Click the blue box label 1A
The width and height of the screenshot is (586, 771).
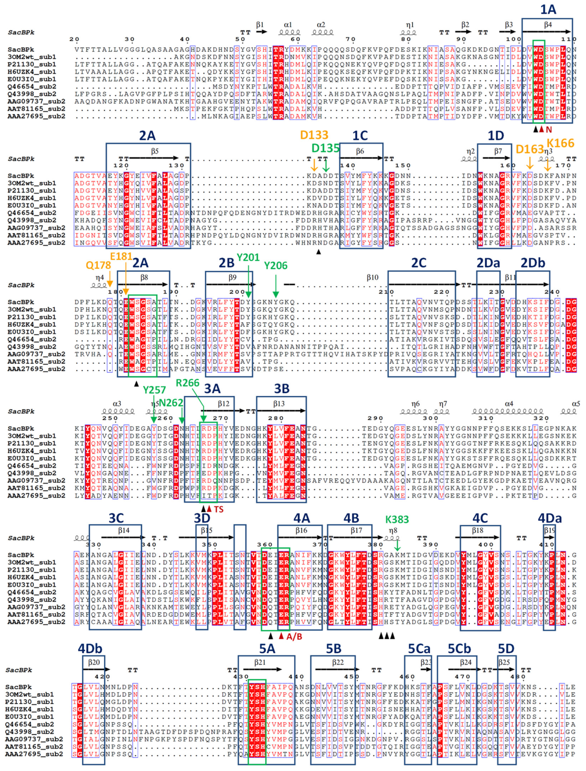coord(548,10)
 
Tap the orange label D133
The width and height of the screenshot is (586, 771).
coord(314,135)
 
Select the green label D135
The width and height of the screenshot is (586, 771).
coord(325,148)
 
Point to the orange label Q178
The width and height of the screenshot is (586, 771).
coord(98,265)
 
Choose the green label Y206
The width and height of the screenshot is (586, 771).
coord(275,265)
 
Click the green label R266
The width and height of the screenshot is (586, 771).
coord(187,383)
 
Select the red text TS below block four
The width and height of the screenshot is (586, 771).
coord(219,510)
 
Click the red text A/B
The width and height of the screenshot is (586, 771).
coord(294,637)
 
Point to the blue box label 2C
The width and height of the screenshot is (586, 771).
coord(418,263)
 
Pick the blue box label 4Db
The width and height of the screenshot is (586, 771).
coord(90,648)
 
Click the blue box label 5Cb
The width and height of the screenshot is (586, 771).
coord(459,648)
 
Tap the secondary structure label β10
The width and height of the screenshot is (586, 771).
coord(372,277)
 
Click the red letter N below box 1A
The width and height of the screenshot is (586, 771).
coord(549,129)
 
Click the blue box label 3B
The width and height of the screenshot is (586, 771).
coord(282,389)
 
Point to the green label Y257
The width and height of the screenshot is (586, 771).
coord(154,390)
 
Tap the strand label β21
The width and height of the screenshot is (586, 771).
coord(260,663)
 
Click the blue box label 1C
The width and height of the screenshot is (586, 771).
coord(360,136)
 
